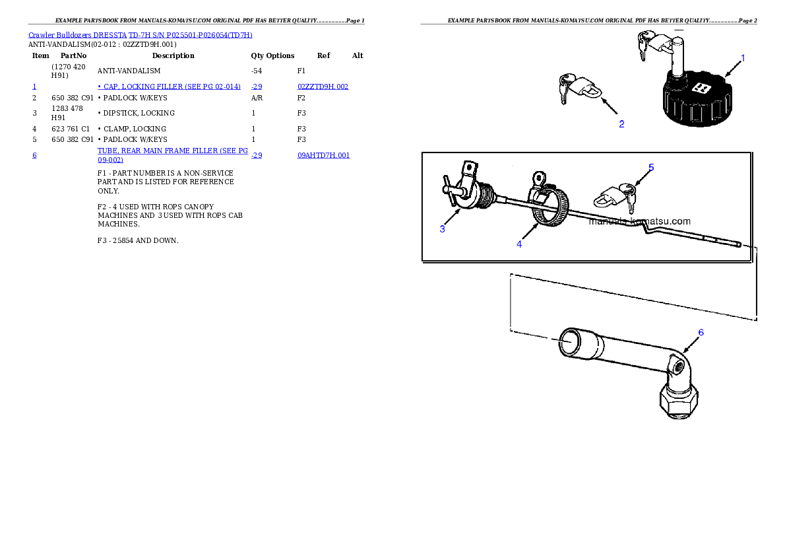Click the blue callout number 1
[742, 58]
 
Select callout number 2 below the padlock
[621, 123]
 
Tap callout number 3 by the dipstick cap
[443, 228]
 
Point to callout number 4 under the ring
[519, 244]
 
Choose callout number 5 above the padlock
[650, 167]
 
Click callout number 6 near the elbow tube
[701, 332]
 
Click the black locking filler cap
[697, 102]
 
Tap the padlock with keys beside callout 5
[615, 195]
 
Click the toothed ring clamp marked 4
[547, 205]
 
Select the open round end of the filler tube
[569, 344]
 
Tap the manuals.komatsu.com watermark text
[639, 221]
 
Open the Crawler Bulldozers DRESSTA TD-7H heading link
[141, 35]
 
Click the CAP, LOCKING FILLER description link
[169, 87]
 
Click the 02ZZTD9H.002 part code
[323, 87]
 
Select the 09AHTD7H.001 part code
[323, 156]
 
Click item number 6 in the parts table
[34, 156]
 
